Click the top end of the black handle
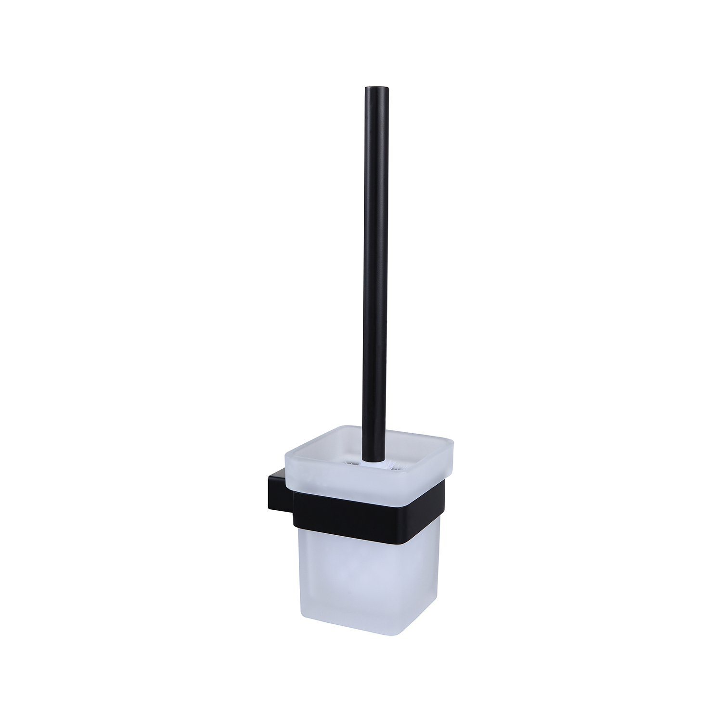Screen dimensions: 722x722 coord(375,90)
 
